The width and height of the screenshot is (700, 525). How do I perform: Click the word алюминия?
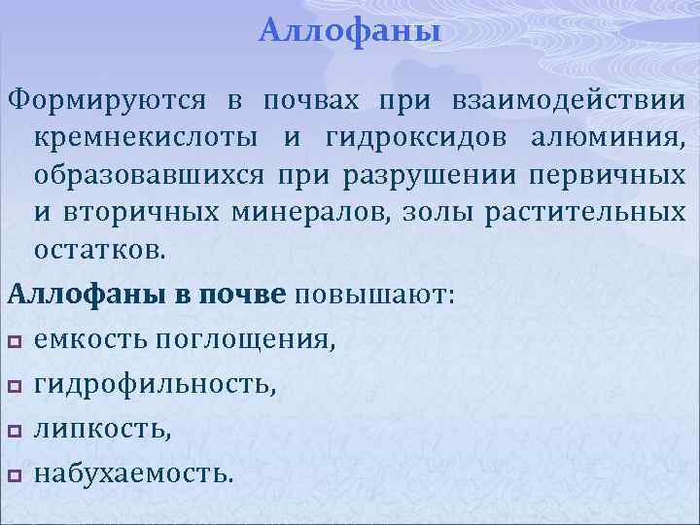[x=608, y=139]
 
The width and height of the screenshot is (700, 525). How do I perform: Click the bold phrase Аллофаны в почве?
[x=147, y=295]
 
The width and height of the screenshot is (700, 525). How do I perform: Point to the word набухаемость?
[x=133, y=475]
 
